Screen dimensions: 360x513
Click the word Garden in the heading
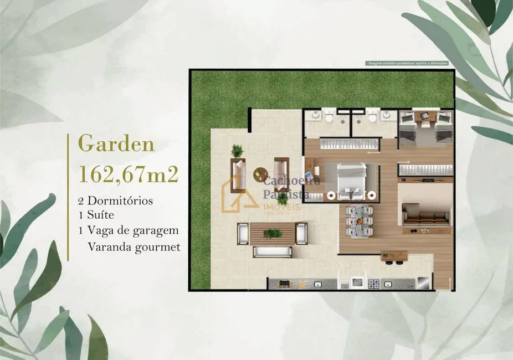116,145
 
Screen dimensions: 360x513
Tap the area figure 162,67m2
128,173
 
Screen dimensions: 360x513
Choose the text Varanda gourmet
134,246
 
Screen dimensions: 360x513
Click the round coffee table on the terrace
259,174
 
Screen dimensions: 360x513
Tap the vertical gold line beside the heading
68,197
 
